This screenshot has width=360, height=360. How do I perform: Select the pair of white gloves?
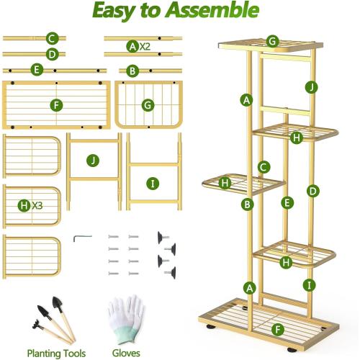[126, 317]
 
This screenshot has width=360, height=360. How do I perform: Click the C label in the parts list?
[52, 39]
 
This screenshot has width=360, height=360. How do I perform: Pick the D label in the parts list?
[52, 54]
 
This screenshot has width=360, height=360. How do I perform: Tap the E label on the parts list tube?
[37, 70]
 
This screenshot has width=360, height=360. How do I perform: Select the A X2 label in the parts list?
[138, 46]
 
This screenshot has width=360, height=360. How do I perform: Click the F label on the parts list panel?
[57, 104]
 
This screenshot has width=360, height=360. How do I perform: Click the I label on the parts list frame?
[153, 183]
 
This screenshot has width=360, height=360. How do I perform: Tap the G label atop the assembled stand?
[272, 41]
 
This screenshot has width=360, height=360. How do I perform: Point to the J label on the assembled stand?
[310, 87]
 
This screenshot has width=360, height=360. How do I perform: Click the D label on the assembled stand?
[312, 191]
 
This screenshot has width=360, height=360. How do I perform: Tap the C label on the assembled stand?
[264, 166]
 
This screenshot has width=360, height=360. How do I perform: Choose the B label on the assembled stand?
[248, 204]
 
